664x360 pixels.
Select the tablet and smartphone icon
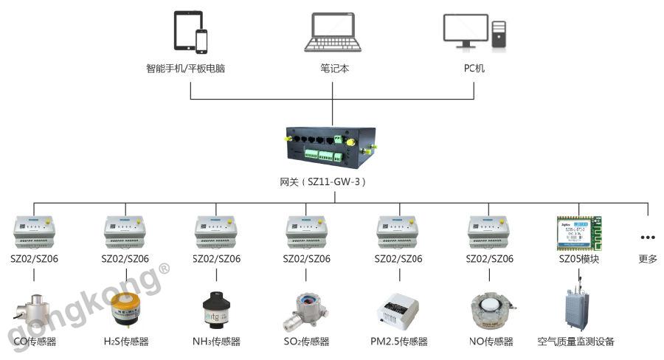point(190,32)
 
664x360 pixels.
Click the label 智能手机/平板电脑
point(185,69)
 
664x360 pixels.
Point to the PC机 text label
point(474,69)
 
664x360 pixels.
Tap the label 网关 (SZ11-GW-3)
point(331,181)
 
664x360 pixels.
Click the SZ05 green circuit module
point(578,232)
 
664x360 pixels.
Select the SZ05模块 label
point(578,259)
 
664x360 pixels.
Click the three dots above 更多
point(648,238)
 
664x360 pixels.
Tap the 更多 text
point(648,259)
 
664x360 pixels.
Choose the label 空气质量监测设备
point(576,342)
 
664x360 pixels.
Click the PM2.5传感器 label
point(399,342)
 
